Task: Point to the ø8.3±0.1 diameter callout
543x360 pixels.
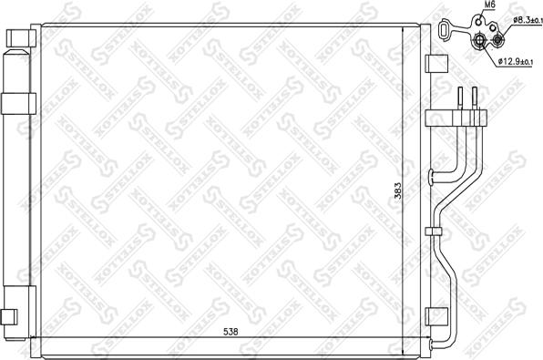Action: tap(525, 20)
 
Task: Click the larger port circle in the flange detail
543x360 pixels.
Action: tap(479, 39)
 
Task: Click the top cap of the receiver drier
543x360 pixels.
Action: tap(16, 38)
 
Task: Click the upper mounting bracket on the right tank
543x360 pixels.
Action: tap(437, 66)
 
